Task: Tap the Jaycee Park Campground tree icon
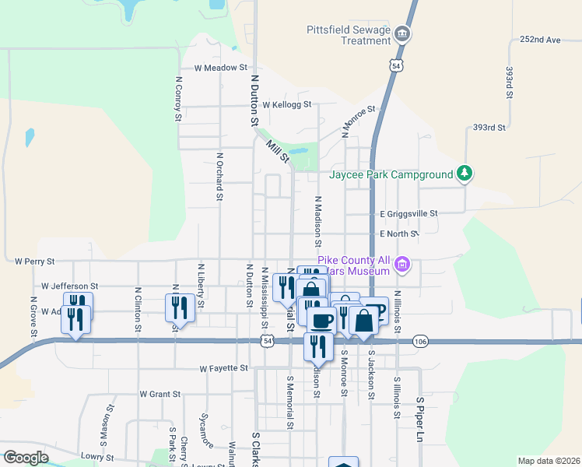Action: point(465,173)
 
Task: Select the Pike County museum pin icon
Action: point(401,265)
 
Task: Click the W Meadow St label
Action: point(220,68)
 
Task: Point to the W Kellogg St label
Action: point(286,104)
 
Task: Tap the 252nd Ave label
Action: point(541,39)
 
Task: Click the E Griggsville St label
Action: point(408,212)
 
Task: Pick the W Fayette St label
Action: point(223,367)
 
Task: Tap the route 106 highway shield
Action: point(421,341)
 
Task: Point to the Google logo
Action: point(26,458)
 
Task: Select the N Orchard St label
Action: point(220,175)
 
